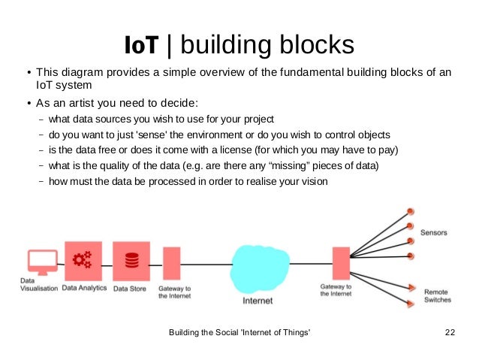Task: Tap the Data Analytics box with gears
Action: [x=83, y=261]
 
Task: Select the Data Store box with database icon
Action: [x=131, y=261]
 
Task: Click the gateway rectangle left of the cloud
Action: [x=172, y=264]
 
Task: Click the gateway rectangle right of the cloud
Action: [x=342, y=264]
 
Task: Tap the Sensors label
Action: [x=433, y=232]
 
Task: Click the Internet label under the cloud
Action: [x=258, y=301]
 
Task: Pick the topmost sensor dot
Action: [x=410, y=212]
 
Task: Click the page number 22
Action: [x=450, y=333]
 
